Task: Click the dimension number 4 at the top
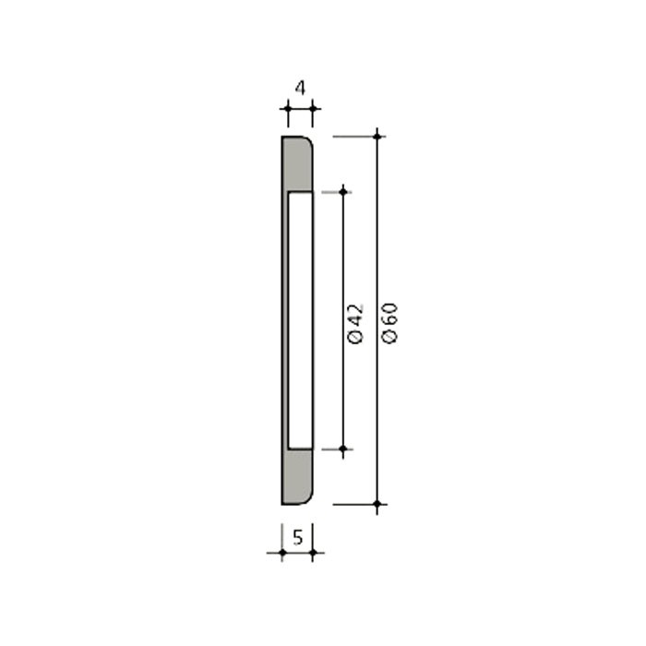pyautogui.click(x=300, y=89)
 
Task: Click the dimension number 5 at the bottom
pyautogui.click(x=298, y=537)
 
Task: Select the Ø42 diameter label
pyautogui.click(x=355, y=323)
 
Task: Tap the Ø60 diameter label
pyautogui.click(x=389, y=323)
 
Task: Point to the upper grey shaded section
pyautogui.click(x=297, y=164)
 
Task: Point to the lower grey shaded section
pyautogui.click(x=297, y=476)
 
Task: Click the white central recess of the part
pyautogui.click(x=300, y=320)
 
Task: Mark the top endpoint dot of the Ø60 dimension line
pyautogui.click(x=377, y=136)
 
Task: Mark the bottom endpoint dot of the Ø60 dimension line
pyautogui.click(x=377, y=504)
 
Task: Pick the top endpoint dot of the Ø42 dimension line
pyautogui.click(x=343, y=192)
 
